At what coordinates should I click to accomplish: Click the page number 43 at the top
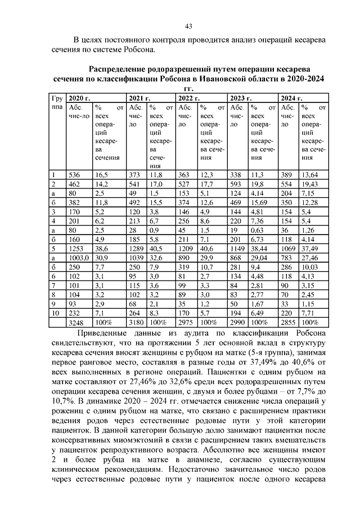point(189,26)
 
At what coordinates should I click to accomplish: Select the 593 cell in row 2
point(236,184)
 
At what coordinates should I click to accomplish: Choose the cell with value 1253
point(76,248)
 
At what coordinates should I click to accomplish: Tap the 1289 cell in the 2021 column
point(137,248)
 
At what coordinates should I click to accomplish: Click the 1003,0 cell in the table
point(78,257)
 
